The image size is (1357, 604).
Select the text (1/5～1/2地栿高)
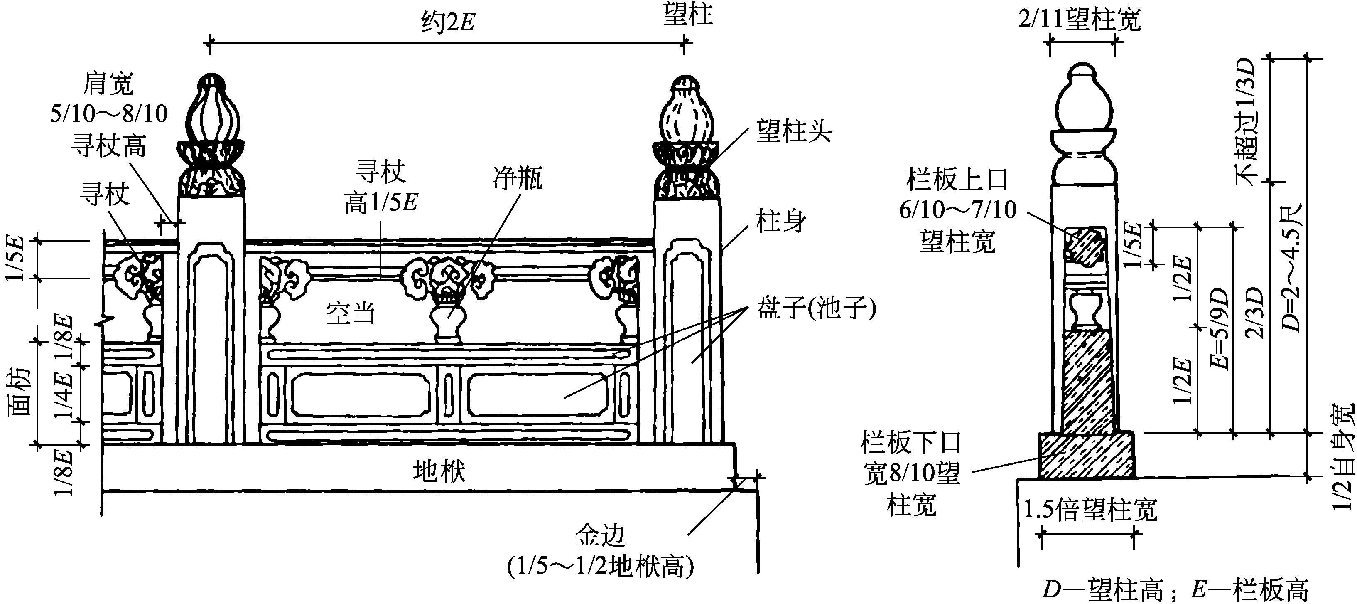click(x=600, y=567)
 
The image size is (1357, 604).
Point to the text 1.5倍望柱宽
click(x=1090, y=510)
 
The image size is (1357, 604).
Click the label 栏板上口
click(x=957, y=180)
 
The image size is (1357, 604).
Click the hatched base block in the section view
click(x=1086, y=455)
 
